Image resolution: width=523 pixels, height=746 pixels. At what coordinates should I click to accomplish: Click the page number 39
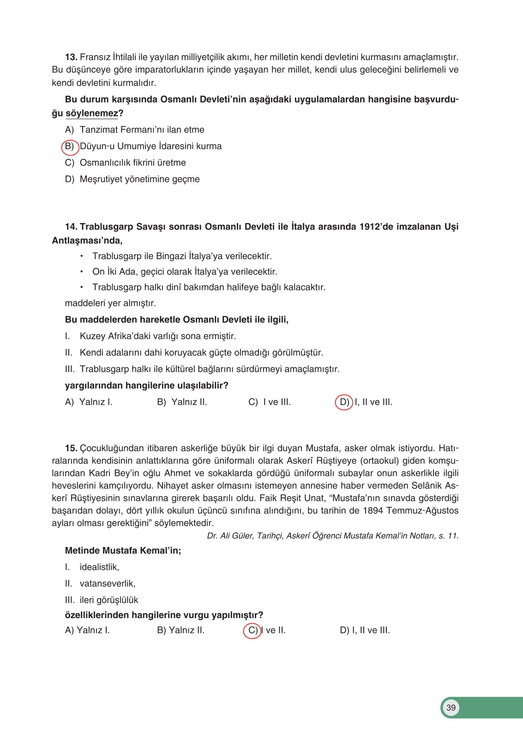pos(451,708)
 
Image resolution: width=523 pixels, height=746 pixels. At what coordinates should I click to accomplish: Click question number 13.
pos(71,57)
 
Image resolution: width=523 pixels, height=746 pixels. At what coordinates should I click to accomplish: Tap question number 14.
pos(71,227)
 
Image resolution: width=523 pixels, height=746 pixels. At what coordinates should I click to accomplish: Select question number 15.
pos(71,448)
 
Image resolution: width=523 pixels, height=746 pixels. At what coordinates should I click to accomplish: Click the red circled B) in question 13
pos(70,146)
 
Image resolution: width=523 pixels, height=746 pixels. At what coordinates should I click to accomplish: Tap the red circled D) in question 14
pos(344,402)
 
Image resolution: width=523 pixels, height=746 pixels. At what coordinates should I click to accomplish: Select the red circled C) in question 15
pos(252,631)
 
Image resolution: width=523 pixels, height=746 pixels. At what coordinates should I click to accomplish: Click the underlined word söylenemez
pos(92,113)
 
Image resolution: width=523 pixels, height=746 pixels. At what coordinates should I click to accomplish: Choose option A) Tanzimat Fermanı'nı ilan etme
pos(135,130)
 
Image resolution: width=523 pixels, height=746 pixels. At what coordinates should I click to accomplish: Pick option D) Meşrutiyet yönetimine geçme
pos(132,179)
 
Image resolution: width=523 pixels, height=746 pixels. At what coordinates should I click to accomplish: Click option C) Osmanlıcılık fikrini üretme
pos(126,163)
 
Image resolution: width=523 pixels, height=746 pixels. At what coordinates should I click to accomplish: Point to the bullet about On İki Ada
pos(185,272)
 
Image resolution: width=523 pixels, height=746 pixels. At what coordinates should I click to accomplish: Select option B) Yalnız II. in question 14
pos(182,402)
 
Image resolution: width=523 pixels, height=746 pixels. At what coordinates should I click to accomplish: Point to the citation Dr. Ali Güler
pos(332,536)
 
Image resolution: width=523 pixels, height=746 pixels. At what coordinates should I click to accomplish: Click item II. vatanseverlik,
pos(100,584)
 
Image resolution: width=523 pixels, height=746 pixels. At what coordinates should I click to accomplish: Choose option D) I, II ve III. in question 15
pos(365,631)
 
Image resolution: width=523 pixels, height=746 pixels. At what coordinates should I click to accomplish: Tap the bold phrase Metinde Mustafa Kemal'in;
pos(123,551)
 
